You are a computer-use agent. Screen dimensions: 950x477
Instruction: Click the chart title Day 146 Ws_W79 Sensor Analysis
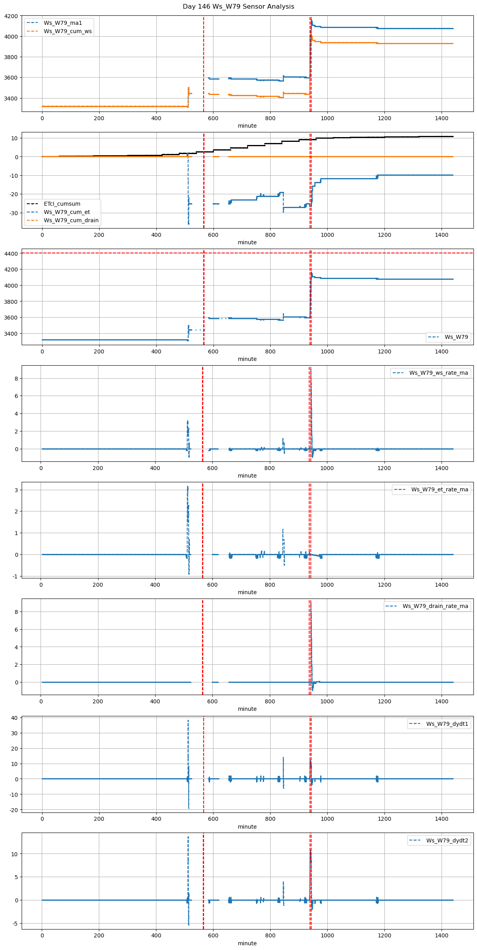coord(238,7)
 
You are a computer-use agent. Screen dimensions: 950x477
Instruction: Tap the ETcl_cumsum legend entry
coord(62,204)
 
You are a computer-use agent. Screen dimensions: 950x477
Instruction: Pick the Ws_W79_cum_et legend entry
coord(67,212)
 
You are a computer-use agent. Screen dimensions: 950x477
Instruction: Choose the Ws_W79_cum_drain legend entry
coord(71,220)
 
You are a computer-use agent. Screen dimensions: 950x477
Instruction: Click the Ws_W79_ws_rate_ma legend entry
coord(438,373)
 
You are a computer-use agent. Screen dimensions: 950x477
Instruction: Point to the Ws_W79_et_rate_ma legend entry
coord(440,489)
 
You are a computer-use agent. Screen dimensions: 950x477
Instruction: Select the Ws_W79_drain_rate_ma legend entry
coord(435,606)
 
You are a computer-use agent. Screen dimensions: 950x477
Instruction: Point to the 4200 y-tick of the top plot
coord(11,16)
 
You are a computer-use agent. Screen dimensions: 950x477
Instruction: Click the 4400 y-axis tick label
coord(11,253)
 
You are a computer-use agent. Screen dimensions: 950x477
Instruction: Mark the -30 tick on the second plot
coord(14,213)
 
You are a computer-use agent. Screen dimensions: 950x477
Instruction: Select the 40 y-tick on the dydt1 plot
coord(15,718)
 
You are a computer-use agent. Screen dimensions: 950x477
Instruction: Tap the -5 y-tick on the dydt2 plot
coord(15,924)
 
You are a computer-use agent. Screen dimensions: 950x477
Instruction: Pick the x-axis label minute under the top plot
coord(247,126)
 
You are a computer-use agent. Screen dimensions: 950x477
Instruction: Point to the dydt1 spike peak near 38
coord(188,721)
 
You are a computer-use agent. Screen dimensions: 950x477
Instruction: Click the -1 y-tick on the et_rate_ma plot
coord(15,576)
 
